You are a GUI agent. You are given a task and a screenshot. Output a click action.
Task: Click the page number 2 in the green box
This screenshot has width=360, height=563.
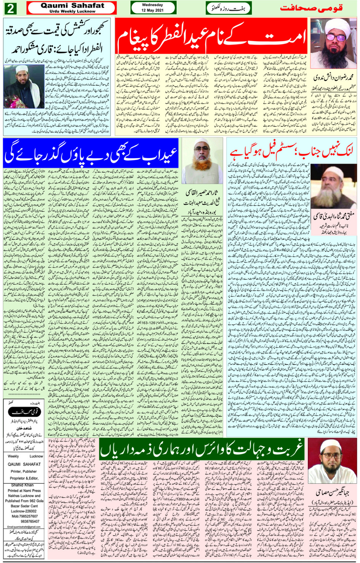pos(10,8)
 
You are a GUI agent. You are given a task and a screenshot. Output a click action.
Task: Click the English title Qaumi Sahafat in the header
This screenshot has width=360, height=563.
pos(72,5)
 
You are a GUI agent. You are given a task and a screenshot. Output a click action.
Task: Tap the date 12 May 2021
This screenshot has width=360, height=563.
pos(152,10)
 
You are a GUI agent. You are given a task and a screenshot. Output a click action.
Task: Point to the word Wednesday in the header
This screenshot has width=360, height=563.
pos(152,5)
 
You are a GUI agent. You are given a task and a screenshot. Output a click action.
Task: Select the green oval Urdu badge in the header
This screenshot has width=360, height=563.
pos(229,8)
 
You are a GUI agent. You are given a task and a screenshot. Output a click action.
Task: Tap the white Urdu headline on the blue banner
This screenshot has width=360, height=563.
pos(91,152)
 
